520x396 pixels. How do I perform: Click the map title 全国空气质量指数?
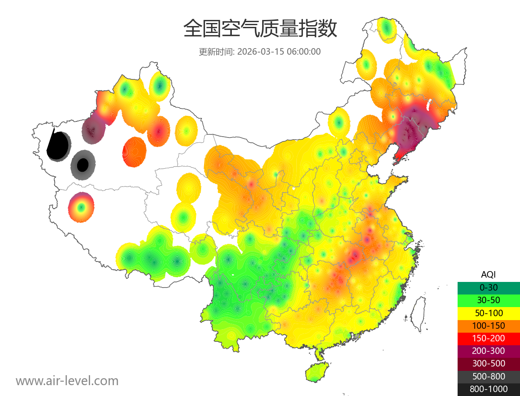coord(260,29)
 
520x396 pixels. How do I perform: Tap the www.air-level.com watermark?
coord(67,381)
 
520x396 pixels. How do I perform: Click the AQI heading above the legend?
coord(488,274)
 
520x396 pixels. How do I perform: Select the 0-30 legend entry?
coord(488,288)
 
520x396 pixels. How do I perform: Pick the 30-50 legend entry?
coord(488,300)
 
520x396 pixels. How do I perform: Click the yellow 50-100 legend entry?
coord(488,313)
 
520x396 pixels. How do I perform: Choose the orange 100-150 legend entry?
coord(488,325)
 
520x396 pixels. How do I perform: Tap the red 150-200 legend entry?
coord(488,338)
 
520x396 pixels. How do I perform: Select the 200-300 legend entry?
coord(488,351)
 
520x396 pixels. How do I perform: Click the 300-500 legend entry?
coord(488,363)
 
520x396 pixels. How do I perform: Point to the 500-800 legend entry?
coord(488,376)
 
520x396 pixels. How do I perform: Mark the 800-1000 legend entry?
coord(488,389)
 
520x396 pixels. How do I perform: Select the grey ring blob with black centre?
coord(82,165)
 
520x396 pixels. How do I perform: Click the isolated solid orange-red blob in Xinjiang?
coord(135,152)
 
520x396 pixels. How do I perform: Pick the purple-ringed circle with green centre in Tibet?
coord(81,207)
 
